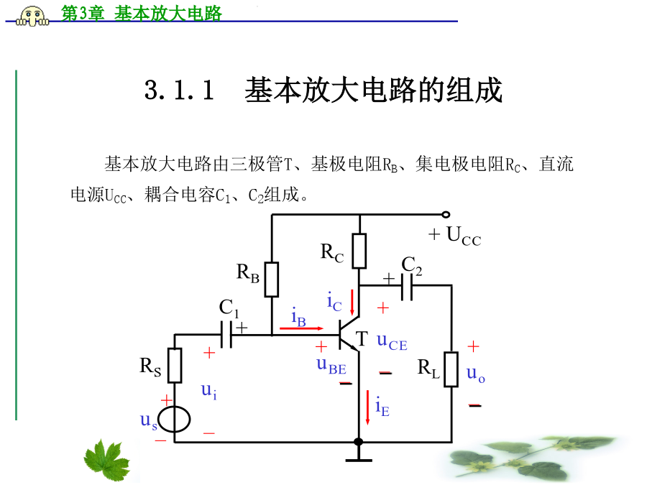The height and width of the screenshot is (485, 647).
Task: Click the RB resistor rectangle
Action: point(272,280)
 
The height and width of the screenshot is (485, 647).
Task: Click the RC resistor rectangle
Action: point(359,249)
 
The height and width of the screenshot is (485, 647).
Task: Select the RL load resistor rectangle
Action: point(451,369)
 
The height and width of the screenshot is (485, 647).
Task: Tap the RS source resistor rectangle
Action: point(175,365)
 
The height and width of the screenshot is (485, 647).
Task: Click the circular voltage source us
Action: point(175,420)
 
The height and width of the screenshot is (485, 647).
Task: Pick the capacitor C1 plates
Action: point(227,335)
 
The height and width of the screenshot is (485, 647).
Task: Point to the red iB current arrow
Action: point(301,328)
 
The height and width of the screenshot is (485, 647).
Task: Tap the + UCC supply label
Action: point(454,236)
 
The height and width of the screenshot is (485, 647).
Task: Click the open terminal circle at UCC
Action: point(446,214)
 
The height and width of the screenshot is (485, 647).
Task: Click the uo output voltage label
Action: point(475,373)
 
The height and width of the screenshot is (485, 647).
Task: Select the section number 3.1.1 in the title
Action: point(180,91)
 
